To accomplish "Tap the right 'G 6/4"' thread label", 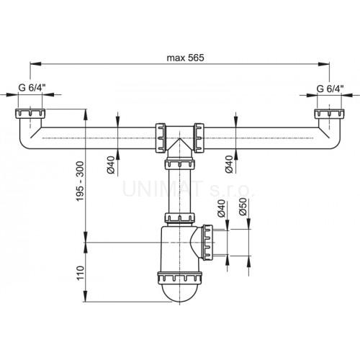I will click(x=329, y=89).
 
